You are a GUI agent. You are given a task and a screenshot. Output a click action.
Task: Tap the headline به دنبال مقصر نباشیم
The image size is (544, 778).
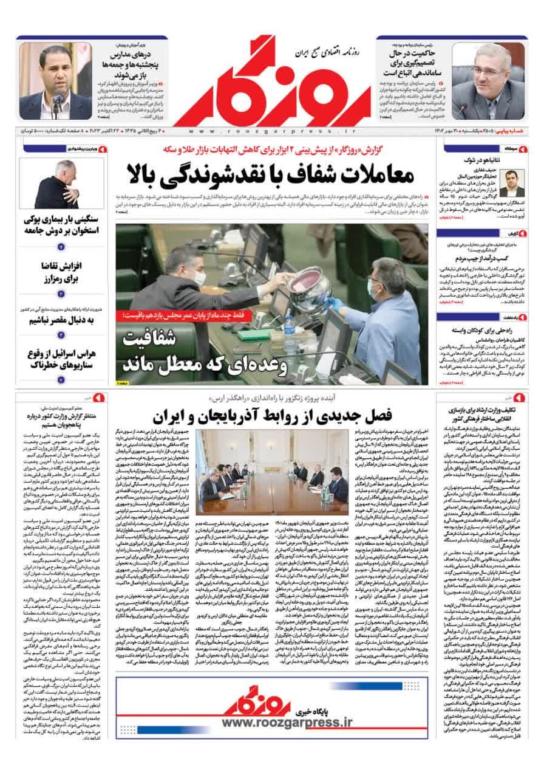[x=61, y=321]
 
